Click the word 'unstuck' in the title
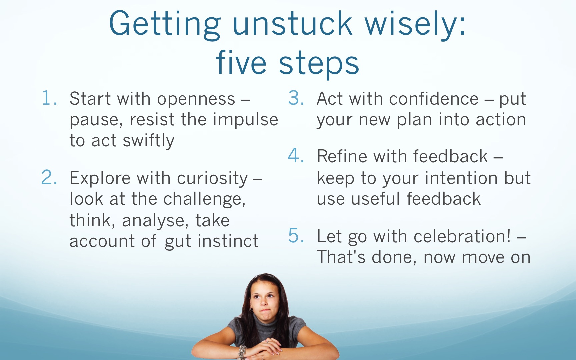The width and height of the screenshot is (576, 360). [x=292, y=23]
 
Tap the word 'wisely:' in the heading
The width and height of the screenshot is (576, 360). [x=415, y=25]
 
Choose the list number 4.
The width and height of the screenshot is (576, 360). [x=296, y=156]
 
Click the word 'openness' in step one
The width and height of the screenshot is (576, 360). [x=196, y=100]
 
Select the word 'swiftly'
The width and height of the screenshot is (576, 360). [x=149, y=140]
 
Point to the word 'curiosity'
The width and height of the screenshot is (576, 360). [x=212, y=179]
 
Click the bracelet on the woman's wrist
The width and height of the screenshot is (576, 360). [x=242, y=352]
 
